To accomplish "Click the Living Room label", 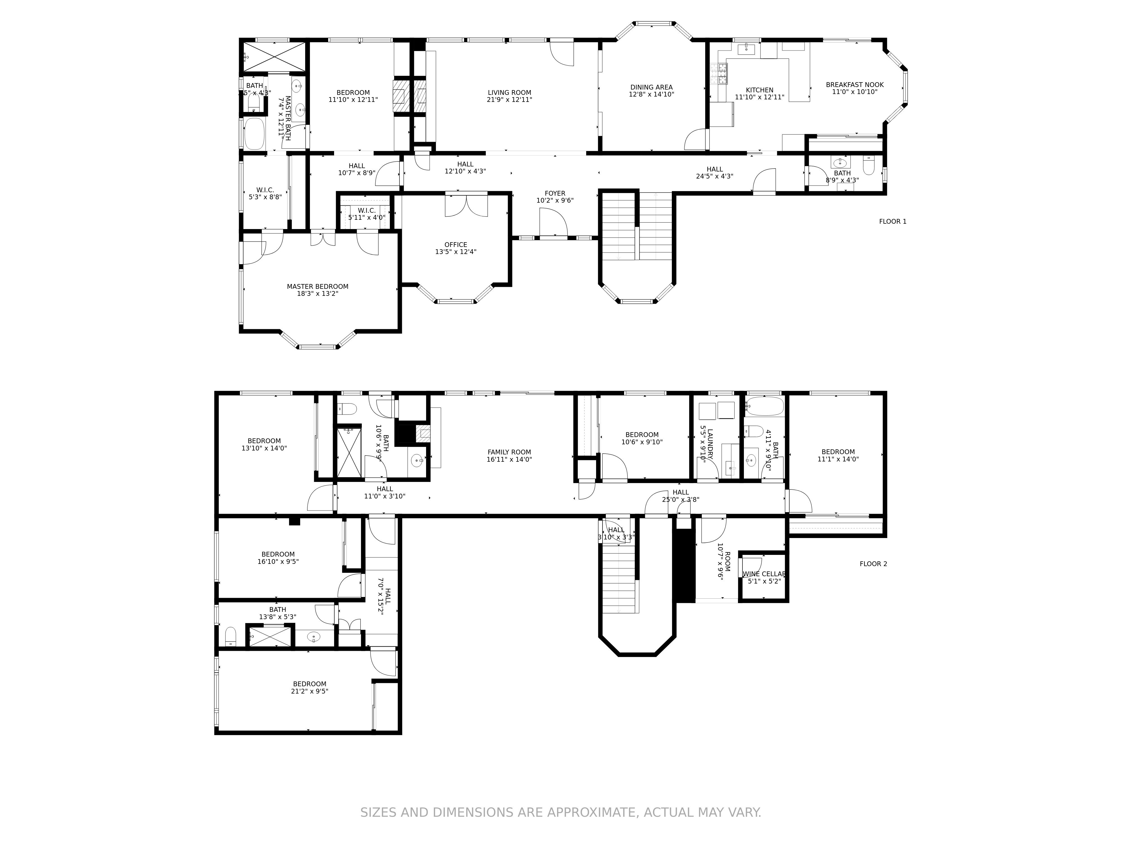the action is click(509, 92).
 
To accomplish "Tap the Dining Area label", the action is click(651, 87).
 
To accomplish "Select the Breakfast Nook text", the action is click(855, 85).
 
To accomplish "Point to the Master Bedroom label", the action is click(318, 286).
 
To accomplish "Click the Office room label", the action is click(456, 245).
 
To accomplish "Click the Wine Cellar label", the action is click(764, 574).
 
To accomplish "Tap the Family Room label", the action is click(509, 452).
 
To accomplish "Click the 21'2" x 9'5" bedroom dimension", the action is click(309, 691).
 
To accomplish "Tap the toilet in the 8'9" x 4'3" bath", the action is click(868, 166).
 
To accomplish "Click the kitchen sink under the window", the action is click(746, 49).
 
